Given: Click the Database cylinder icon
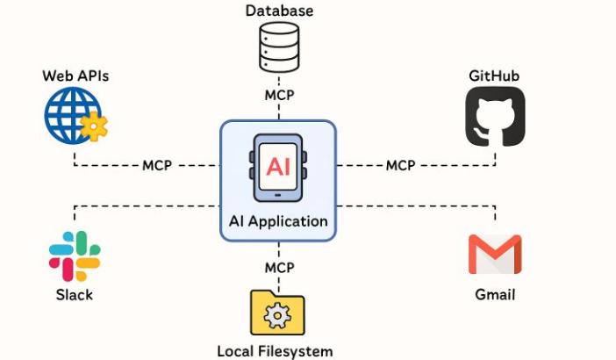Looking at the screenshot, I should [279, 48].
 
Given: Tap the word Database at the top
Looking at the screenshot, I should [279, 11].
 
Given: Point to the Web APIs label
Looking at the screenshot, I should [75, 76].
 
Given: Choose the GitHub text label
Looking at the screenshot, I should [494, 76].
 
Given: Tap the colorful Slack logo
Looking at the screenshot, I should [75, 256].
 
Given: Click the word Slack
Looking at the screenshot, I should [75, 294].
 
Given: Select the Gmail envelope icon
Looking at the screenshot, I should [495, 255].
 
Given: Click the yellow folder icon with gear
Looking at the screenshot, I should [278, 314].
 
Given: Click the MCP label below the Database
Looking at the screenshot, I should [279, 95].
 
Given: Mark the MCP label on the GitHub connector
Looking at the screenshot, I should [400, 165].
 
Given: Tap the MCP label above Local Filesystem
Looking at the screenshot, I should [279, 267].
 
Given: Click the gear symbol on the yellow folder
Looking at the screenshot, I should [277, 316].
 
